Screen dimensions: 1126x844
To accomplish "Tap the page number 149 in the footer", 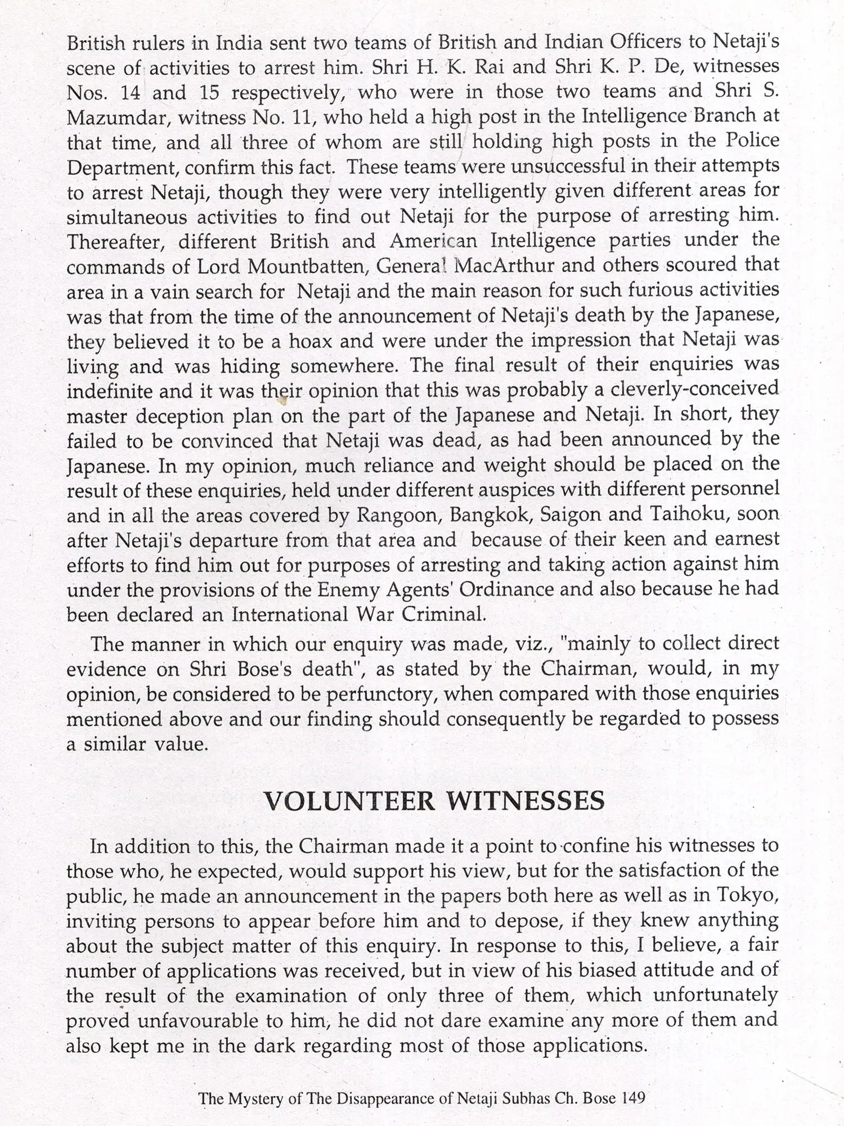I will coord(634,1098).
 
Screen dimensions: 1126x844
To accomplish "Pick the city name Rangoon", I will coord(398,515).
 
